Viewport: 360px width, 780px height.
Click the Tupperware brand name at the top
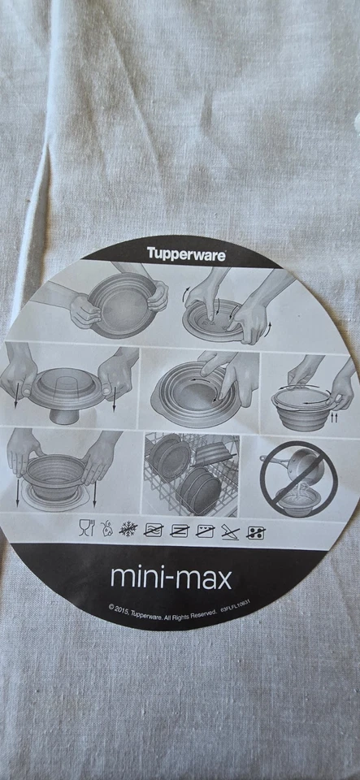pyautogui.click(x=186, y=253)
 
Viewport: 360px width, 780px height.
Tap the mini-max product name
pyautogui.click(x=171, y=578)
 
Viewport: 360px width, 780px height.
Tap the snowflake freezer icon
pyautogui.click(x=128, y=529)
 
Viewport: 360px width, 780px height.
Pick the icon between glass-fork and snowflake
pyautogui.click(x=106, y=528)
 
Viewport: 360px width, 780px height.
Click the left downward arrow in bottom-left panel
pyautogui.click(x=17, y=491)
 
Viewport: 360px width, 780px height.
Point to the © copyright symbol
pyautogui.click(x=111, y=607)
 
